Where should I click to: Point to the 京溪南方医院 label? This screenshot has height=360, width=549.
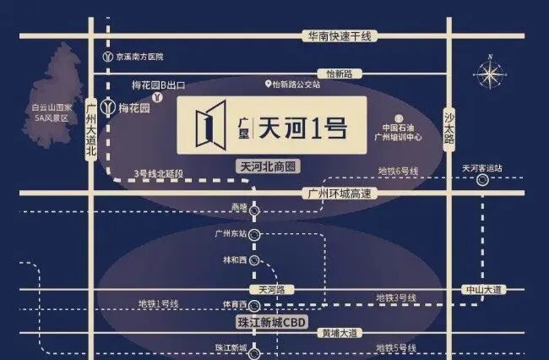tap(139, 56)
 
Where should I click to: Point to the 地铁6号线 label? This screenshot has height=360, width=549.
tap(398, 172)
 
